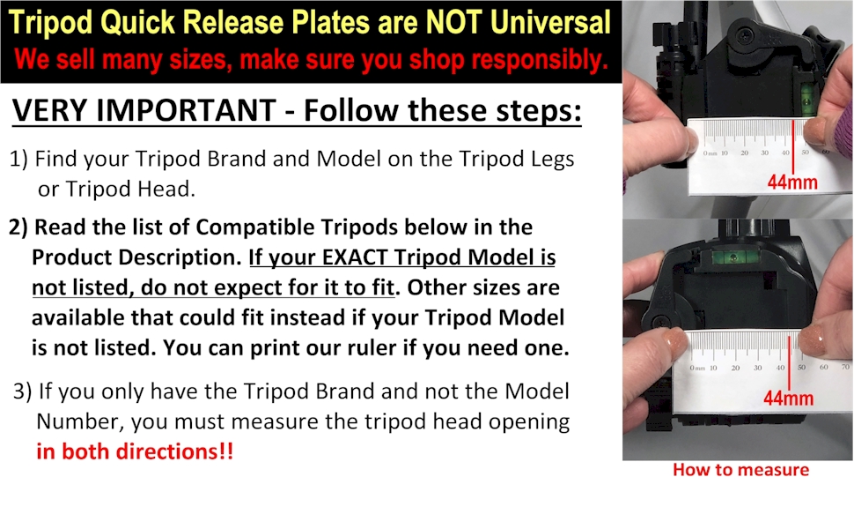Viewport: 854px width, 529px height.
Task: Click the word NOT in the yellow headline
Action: [x=454, y=22]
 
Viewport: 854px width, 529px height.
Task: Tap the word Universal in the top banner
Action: [x=550, y=22]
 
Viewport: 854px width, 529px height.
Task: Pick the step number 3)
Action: [x=22, y=391]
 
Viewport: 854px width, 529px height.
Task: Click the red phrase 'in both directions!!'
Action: [x=135, y=451]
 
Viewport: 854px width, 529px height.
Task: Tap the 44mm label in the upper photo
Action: [x=792, y=183]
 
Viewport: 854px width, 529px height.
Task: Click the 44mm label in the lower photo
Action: [x=788, y=399]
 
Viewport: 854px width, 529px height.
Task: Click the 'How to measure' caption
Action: [x=740, y=470]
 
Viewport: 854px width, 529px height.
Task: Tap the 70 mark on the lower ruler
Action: [x=845, y=367]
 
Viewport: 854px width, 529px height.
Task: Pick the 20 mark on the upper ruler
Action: [x=744, y=153]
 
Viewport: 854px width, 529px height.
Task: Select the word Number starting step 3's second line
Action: [x=77, y=421]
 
